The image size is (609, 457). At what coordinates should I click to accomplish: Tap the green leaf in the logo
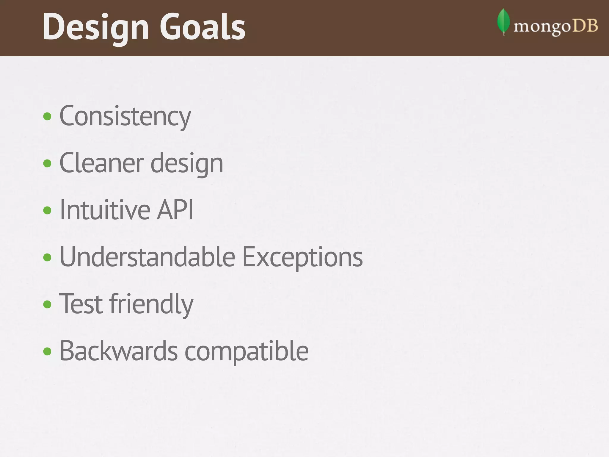[503, 21]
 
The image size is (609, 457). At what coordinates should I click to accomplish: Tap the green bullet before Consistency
[47, 116]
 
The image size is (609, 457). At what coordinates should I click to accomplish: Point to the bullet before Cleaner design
[47, 163]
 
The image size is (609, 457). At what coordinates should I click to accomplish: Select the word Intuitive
[104, 210]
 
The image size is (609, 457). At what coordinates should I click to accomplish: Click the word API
[175, 210]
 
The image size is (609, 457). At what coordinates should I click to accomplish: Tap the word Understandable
[147, 257]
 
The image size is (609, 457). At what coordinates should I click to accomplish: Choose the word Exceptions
[302, 258]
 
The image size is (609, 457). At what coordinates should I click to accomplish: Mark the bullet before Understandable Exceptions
[47, 257]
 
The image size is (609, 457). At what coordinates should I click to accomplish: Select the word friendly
[151, 305]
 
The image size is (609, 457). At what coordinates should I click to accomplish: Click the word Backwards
[118, 351]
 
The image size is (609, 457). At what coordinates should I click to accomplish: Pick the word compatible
[247, 352]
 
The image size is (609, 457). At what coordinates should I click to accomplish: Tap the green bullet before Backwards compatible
[47, 351]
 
